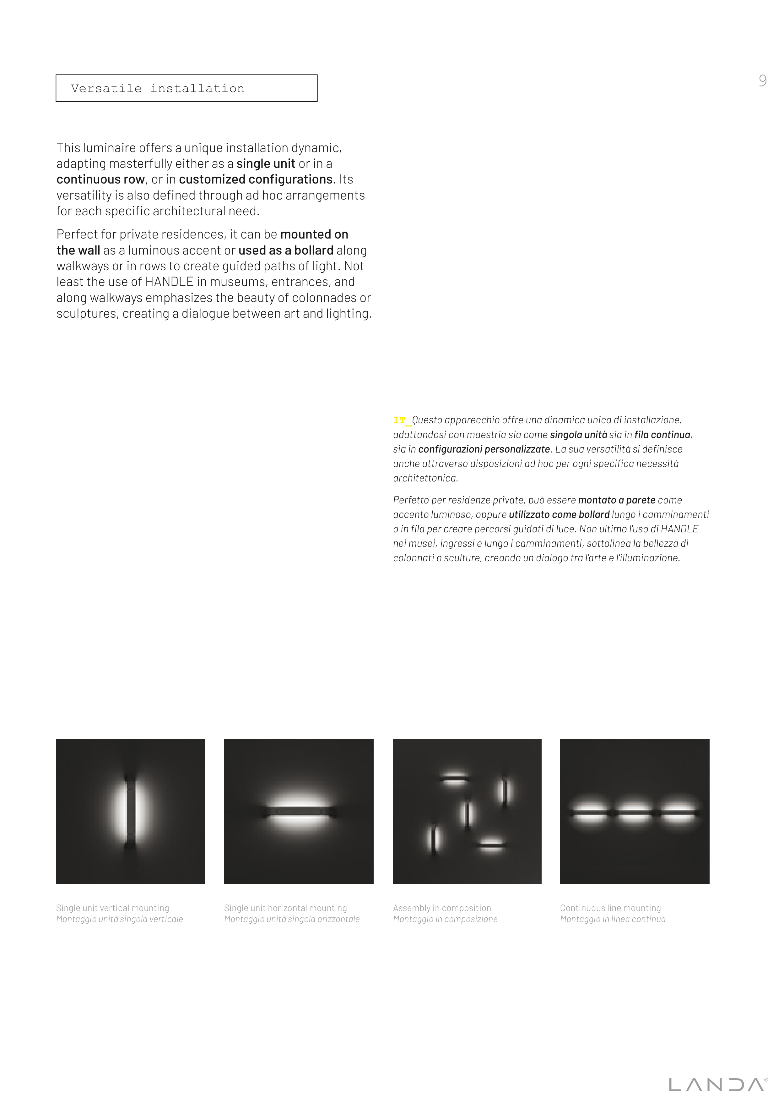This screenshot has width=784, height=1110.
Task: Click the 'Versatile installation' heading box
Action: coord(187,88)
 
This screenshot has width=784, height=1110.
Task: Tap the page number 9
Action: coord(762,80)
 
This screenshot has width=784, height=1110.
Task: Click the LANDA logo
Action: coord(718,1084)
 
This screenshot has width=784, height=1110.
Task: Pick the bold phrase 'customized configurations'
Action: coord(256,179)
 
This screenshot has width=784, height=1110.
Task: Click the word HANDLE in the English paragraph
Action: coord(169,282)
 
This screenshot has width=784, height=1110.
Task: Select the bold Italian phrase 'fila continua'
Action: coord(662,435)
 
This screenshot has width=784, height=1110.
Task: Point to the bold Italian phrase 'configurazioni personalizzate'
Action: coord(484,449)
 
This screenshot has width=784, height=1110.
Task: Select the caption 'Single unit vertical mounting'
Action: coord(112,908)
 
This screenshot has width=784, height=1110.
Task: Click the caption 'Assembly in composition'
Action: coord(441,908)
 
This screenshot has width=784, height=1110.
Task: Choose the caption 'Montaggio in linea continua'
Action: coord(613,919)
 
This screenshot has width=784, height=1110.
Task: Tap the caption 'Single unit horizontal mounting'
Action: coord(285,908)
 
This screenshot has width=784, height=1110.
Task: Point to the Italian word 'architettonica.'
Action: coord(425,478)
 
